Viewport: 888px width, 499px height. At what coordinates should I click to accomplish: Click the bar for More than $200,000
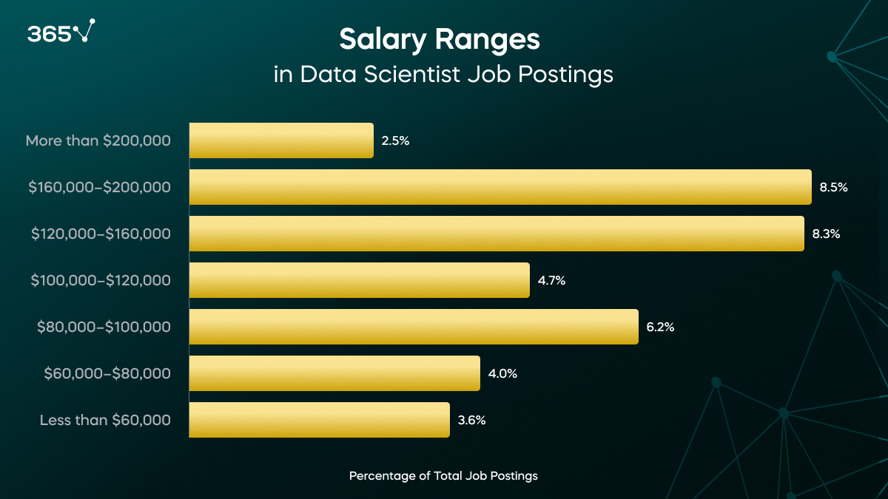281,140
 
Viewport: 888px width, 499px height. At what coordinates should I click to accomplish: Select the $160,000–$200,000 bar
500,187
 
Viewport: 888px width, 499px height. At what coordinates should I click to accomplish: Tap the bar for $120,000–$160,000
497,234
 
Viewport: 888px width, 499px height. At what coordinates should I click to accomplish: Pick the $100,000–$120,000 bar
360,280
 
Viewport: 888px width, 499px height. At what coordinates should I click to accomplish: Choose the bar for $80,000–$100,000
414,327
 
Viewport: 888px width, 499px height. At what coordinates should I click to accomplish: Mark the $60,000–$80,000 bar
334,373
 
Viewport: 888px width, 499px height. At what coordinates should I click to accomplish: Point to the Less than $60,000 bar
319,420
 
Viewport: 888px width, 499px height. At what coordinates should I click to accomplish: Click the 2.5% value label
395,140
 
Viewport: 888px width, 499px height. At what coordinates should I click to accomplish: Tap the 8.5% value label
833,187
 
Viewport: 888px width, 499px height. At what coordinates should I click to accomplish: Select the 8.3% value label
826,234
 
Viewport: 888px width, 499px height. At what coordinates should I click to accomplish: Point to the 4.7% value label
551,280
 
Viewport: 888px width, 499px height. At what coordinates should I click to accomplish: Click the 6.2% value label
660,327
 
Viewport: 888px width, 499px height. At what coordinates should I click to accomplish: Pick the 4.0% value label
502,373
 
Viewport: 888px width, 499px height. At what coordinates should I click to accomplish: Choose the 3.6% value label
471,420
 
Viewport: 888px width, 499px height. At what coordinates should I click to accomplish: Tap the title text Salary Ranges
440,40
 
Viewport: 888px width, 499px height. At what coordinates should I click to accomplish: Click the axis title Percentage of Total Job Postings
443,476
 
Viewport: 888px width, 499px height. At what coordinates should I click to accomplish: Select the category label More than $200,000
98,140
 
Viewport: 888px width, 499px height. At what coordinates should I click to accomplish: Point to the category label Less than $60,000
105,420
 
